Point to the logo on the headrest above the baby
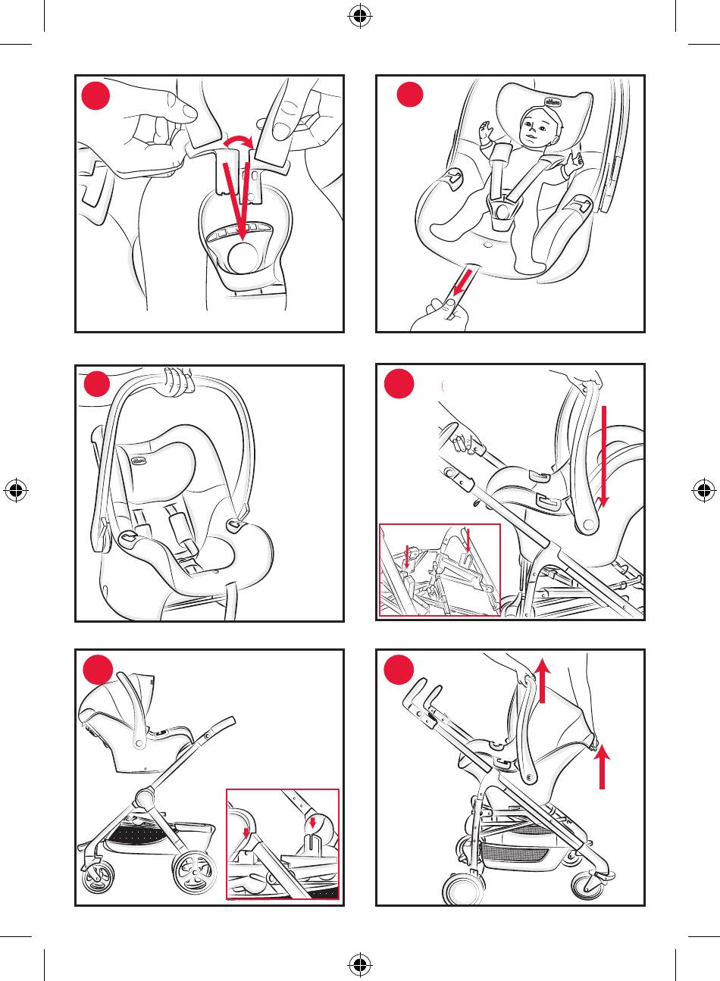553,100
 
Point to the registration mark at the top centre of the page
360,17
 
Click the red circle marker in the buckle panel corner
98,96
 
